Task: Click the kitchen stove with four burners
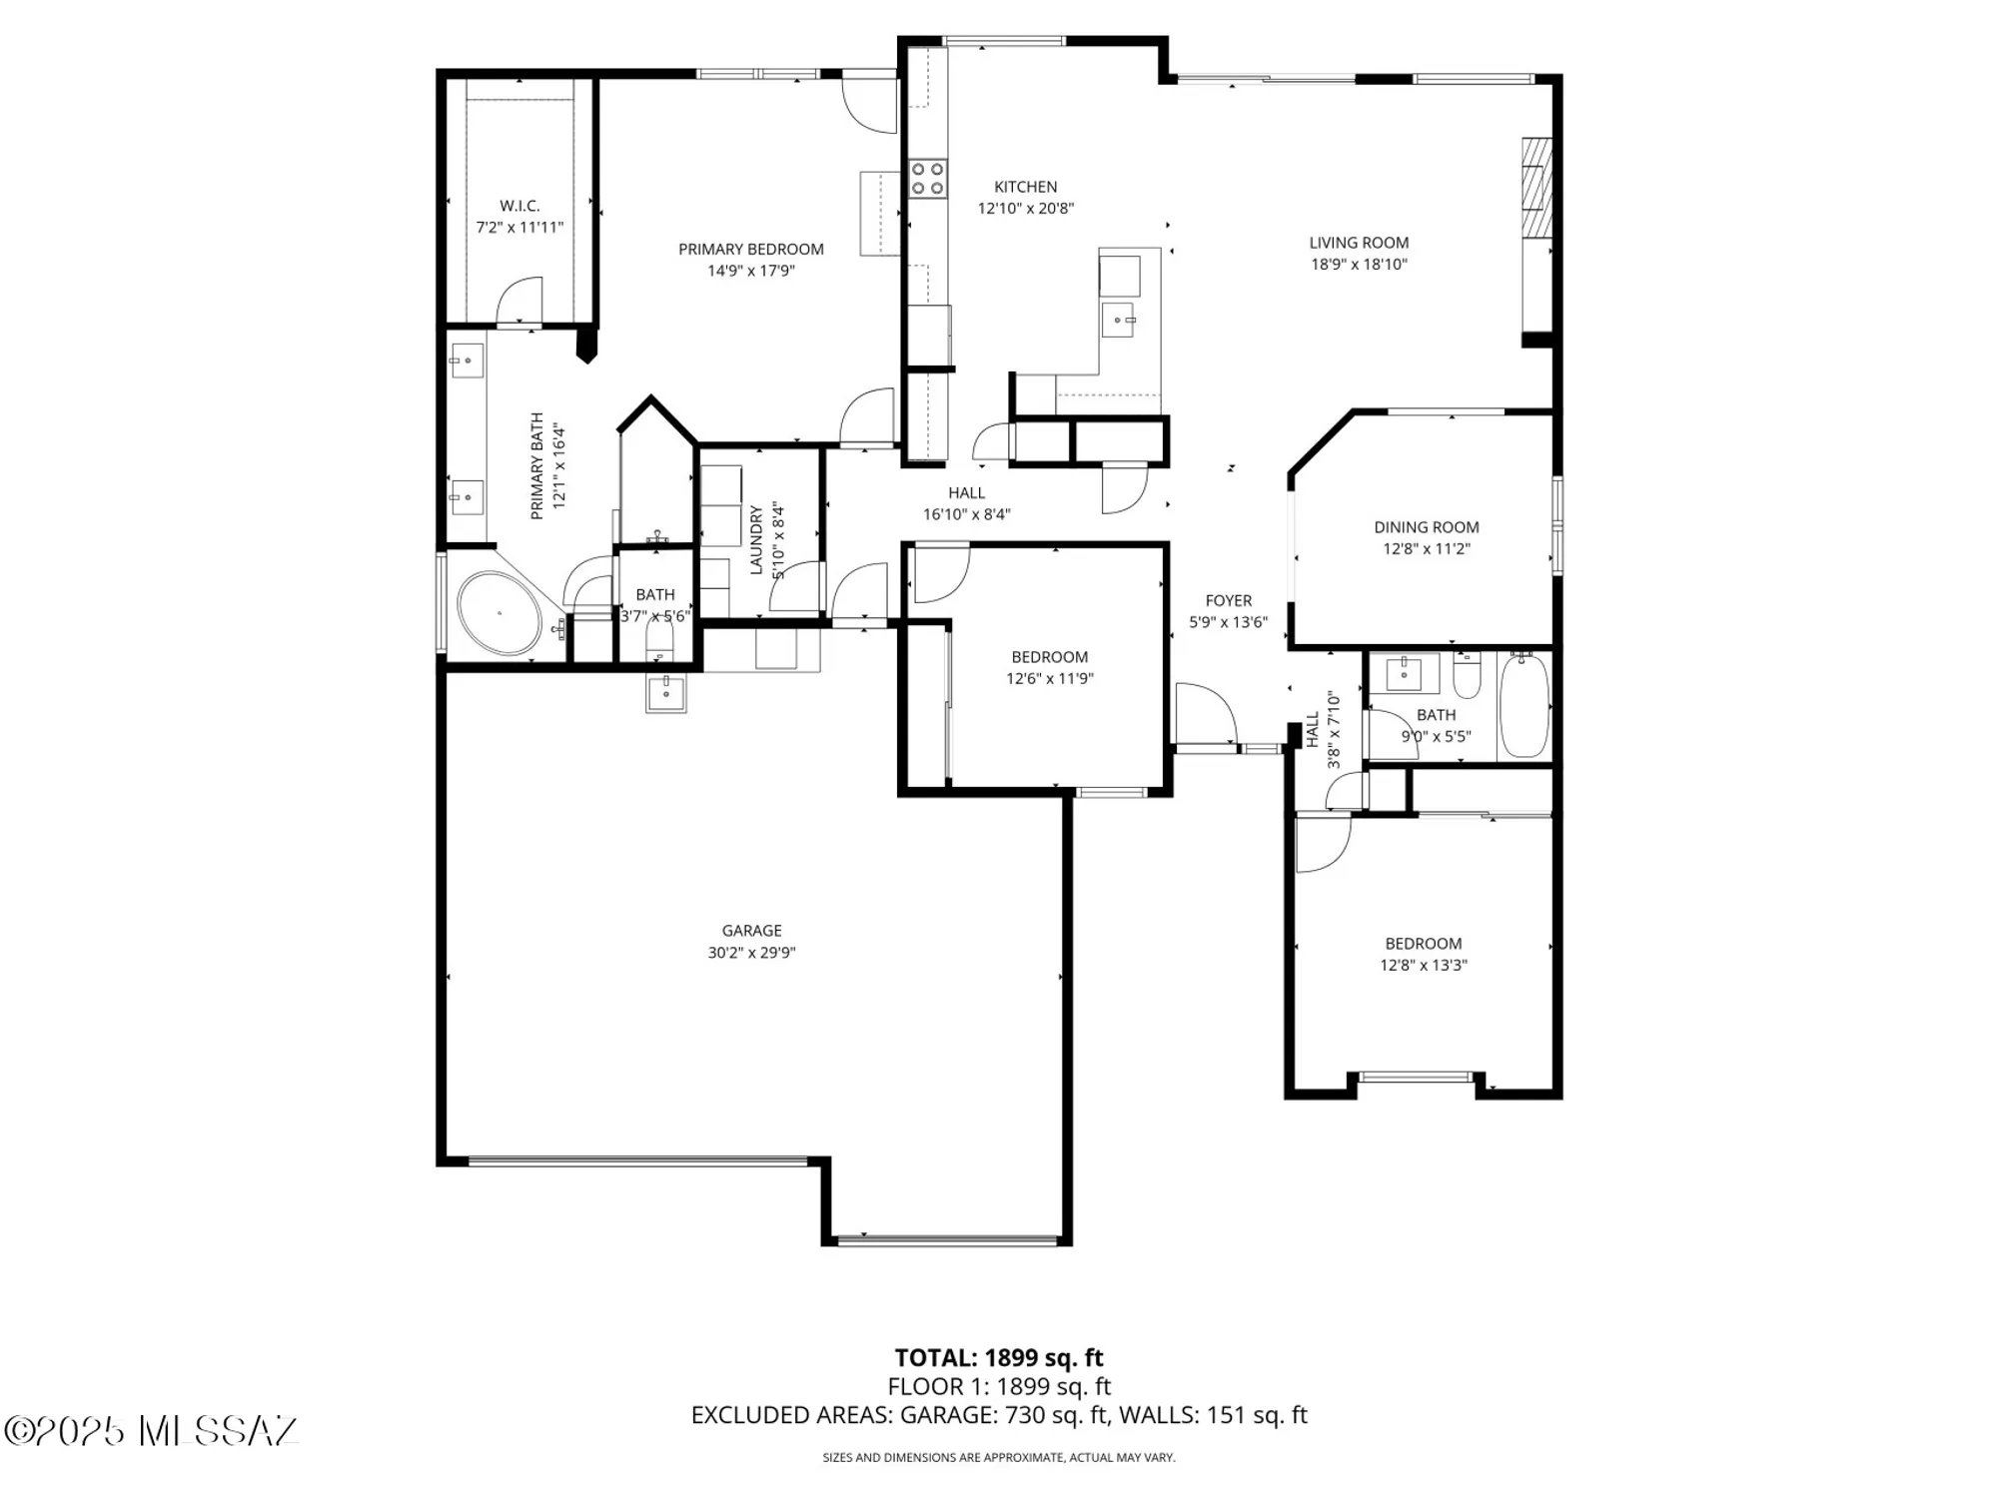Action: pos(927,179)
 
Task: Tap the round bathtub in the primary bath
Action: pos(499,613)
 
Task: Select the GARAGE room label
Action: pos(751,930)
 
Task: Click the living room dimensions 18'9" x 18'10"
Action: pos(1359,265)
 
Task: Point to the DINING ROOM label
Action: pos(1426,527)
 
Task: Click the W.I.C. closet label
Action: pos(519,206)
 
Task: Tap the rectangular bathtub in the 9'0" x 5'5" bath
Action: pos(1523,705)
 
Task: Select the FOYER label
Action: pos(1228,600)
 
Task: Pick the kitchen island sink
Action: pos(1118,321)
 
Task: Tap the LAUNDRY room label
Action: pos(756,539)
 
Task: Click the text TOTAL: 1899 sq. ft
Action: pos(998,1358)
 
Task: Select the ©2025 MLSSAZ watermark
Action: pos(150,1430)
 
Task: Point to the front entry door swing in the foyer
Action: pos(1206,713)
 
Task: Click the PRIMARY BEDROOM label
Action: pos(750,249)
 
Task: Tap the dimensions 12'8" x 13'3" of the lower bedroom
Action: pos(1423,965)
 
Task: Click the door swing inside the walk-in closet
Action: pos(519,300)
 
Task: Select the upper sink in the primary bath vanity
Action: pos(467,361)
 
